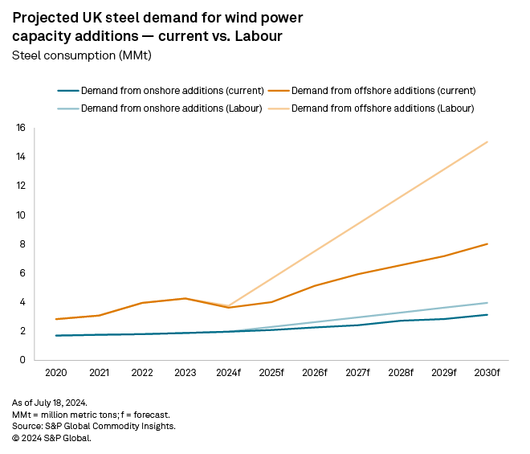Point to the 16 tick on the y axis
pyautogui.click(x=21, y=128)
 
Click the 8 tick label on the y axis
pyautogui.click(x=23, y=244)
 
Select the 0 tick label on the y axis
pyautogui.click(x=23, y=360)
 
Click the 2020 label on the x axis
pyautogui.click(x=55, y=374)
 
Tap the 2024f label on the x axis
pyautogui.click(x=228, y=374)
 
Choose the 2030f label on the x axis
pyautogui.click(x=487, y=374)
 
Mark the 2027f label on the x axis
pyautogui.click(x=358, y=374)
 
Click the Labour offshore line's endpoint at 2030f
pyautogui.click(x=487, y=142)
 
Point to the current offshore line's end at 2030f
pyautogui.click(x=487, y=244)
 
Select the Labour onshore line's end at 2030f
pyautogui.click(x=487, y=303)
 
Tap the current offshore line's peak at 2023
pyautogui.click(x=185, y=298)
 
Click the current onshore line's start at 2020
pyautogui.click(x=55, y=336)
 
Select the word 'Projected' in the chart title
pyautogui.click(x=48, y=18)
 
